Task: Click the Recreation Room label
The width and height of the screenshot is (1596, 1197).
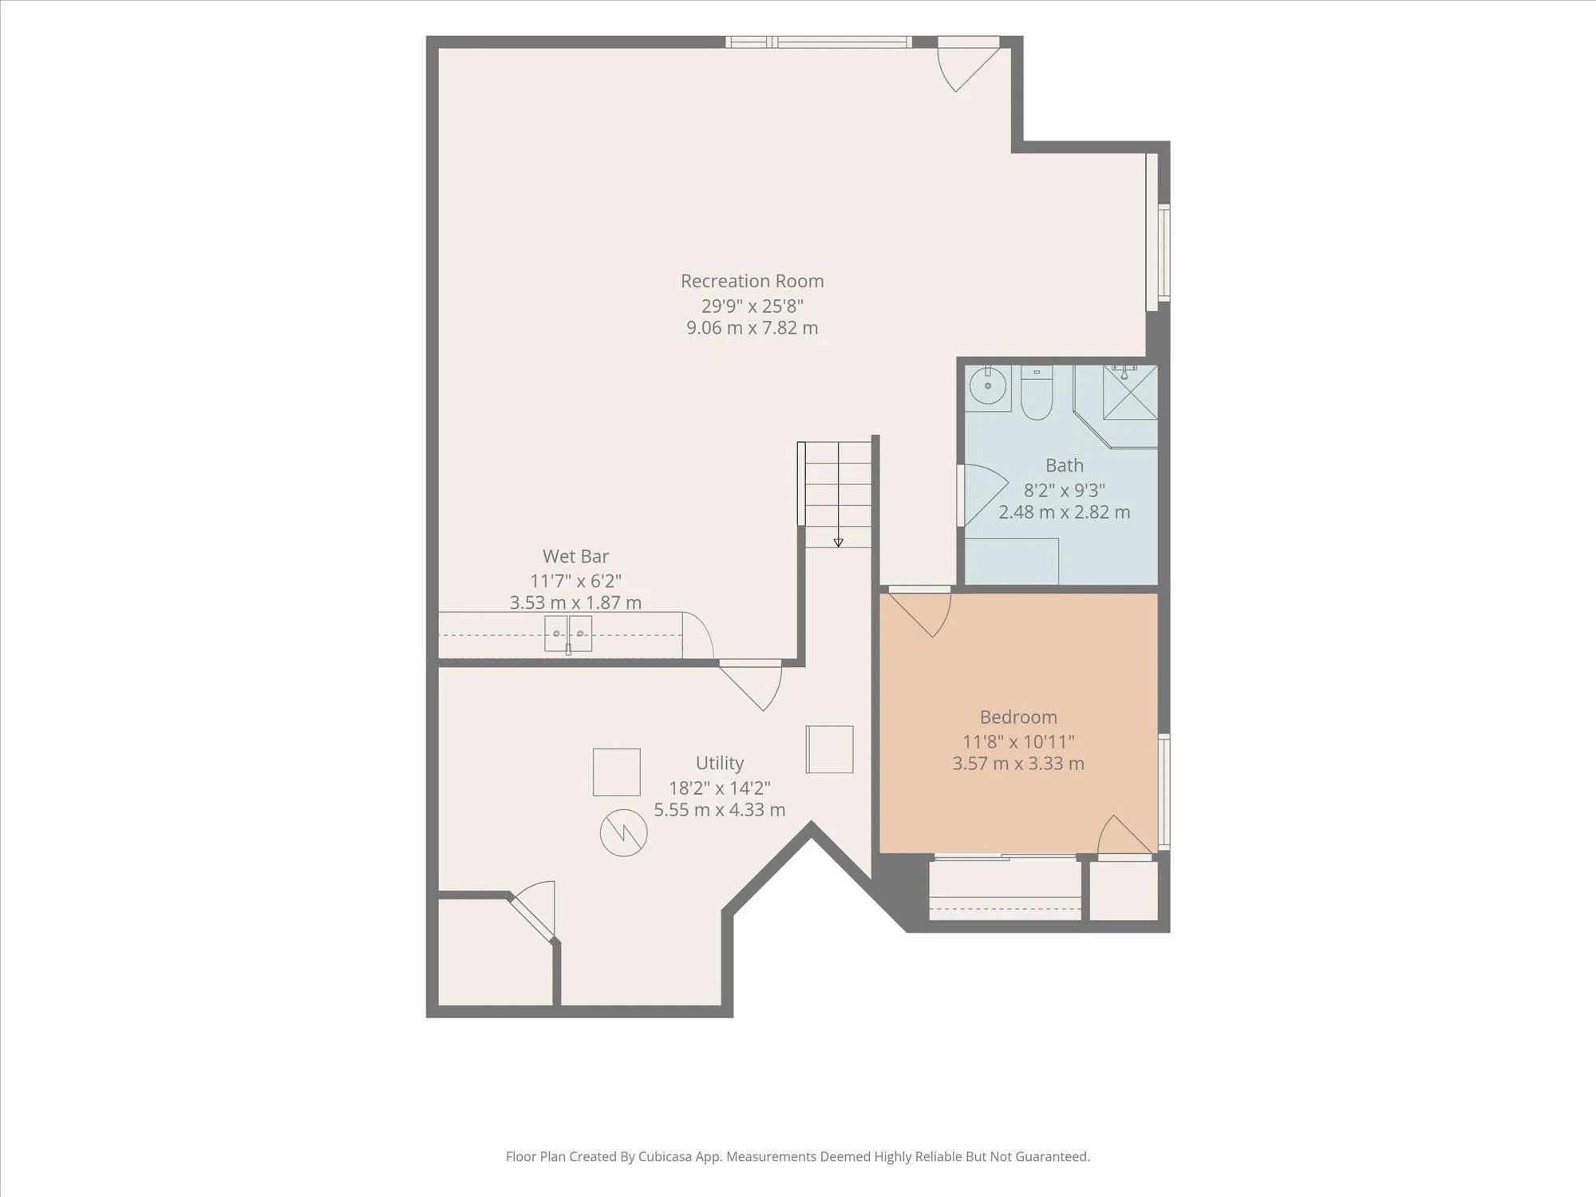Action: coord(752,281)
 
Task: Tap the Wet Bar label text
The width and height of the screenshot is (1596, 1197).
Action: coord(575,556)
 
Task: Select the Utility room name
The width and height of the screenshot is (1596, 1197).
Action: coord(720,763)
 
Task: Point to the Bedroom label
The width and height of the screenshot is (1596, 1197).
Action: coord(1018,717)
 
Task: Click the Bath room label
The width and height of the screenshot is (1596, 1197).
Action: coord(1065,465)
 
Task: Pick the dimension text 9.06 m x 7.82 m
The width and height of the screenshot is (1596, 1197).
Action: coord(752,328)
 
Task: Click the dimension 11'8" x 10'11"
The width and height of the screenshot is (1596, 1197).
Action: coord(1018,741)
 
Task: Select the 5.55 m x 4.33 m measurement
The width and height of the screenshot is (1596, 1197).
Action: coord(720,810)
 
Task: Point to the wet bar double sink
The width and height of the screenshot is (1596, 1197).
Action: coord(568,634)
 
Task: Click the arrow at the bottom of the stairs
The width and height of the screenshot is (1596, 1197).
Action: coord(838,543)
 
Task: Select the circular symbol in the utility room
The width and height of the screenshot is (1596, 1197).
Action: coord(623,833)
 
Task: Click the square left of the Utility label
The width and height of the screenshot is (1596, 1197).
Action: coord(616,772)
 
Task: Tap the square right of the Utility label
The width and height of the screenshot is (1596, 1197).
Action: coord(829,749)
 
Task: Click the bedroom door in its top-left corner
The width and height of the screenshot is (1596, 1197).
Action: coord(919,611)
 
